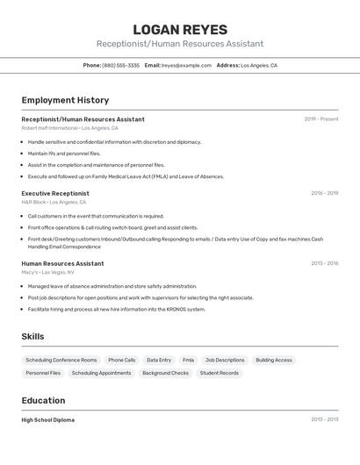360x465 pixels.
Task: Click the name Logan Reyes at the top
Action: (180, 30)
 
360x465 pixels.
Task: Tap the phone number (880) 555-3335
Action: (120, 66)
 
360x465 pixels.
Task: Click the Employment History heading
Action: (65, 100)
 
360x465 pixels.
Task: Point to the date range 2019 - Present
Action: (320, 119)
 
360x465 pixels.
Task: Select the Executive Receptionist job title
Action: (55, 193)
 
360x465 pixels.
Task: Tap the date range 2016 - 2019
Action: (324, 193)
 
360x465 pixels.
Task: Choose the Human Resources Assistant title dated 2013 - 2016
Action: (62, 263)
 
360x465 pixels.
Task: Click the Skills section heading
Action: (32, 337)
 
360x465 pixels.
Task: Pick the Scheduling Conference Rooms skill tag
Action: (61, 361)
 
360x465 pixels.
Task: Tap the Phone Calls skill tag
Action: (122, 361)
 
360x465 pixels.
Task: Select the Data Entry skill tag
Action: (159, 361)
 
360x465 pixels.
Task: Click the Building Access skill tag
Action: (274, 361)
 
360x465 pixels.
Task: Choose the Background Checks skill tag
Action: (165, 373)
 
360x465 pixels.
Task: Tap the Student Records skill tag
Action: (219, 373)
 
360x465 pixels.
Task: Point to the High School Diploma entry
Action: (48, 420)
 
